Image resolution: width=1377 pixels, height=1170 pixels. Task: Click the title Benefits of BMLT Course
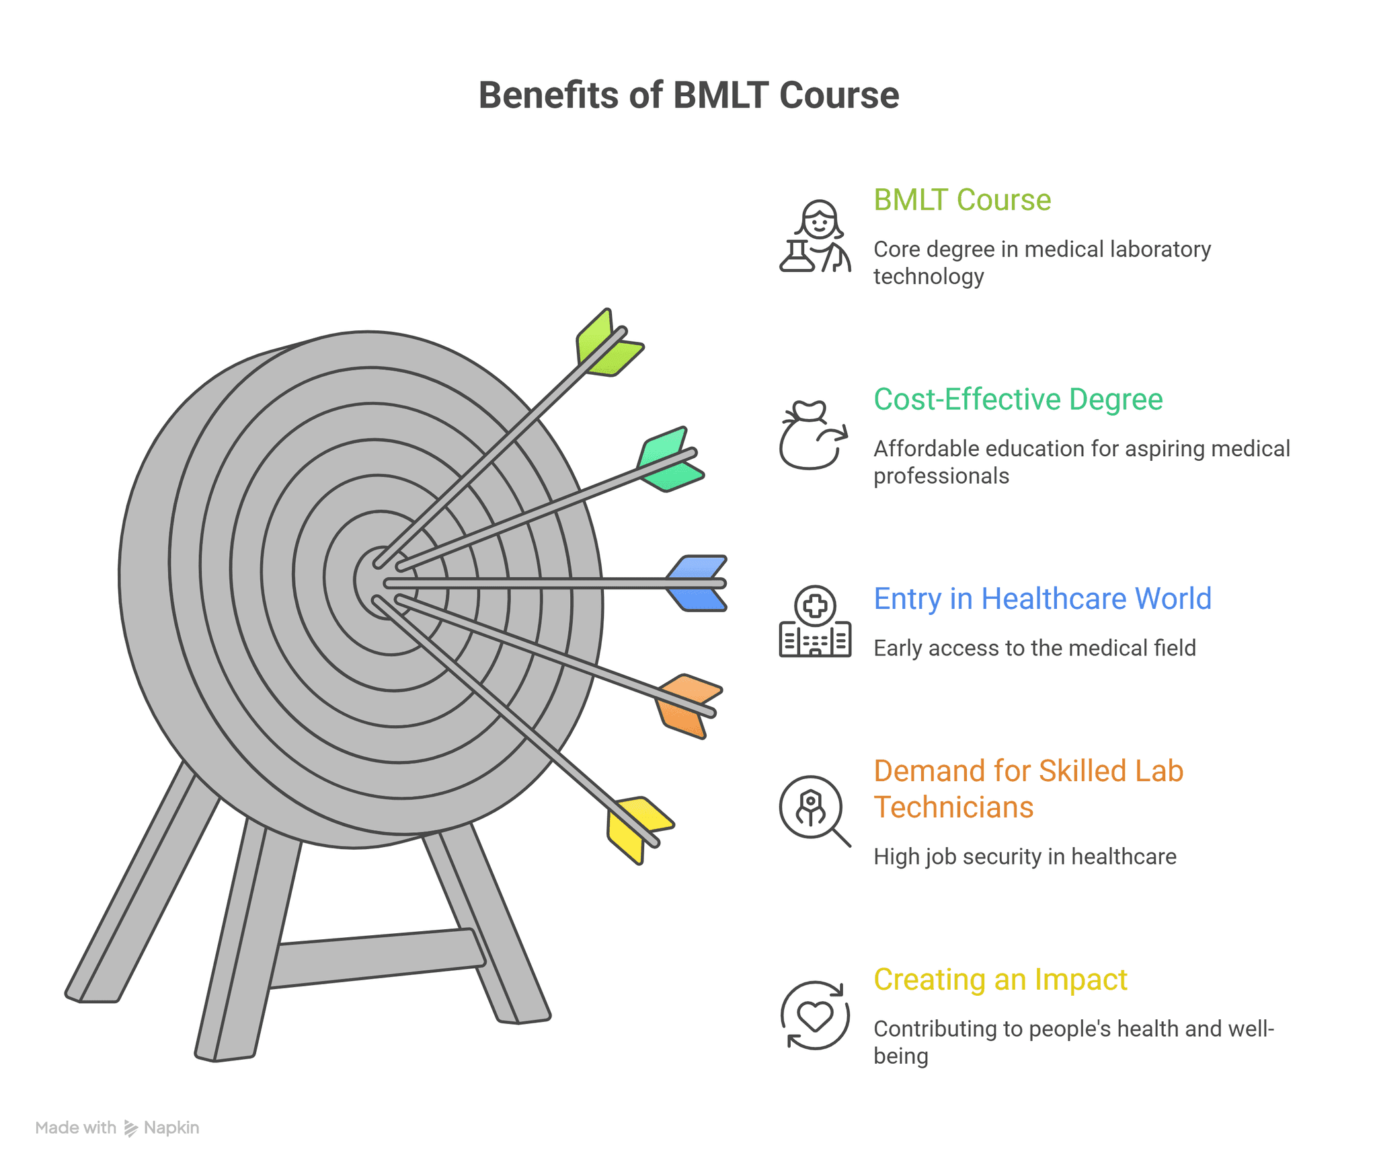688,95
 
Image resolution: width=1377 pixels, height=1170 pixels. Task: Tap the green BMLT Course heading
961,200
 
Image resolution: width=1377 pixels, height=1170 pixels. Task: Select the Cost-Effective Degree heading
1017,399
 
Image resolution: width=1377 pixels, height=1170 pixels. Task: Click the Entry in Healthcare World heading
1041,598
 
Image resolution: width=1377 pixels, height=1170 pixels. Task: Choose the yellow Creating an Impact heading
1000,979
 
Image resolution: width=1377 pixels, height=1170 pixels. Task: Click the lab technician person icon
815,237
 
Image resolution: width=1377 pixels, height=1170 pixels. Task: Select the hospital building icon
815,622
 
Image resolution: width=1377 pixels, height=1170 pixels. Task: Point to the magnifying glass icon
814,809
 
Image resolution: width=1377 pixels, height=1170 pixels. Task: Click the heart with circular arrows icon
815,1015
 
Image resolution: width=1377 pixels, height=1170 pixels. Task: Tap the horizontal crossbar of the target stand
377,959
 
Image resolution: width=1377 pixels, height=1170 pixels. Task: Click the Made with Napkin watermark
117,1128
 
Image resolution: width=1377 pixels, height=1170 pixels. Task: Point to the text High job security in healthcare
1024,856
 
